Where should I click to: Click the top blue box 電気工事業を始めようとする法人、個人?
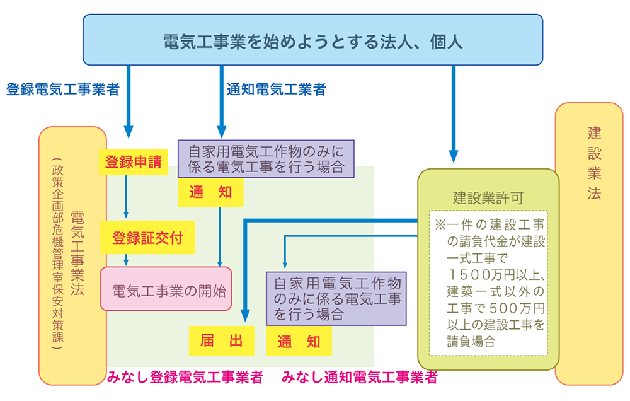pos(313,40)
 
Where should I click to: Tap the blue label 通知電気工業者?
pos(276,90)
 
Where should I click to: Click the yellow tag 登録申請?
pos(133,162)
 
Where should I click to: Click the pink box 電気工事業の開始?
pos(166,288)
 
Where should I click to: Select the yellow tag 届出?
pos(221,341)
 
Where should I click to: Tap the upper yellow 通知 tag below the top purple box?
pos(211,193)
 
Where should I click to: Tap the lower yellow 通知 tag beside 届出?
pos(299,341)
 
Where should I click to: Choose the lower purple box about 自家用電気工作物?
pos(336,298)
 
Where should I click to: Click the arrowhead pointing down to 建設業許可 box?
pos(453,157)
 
